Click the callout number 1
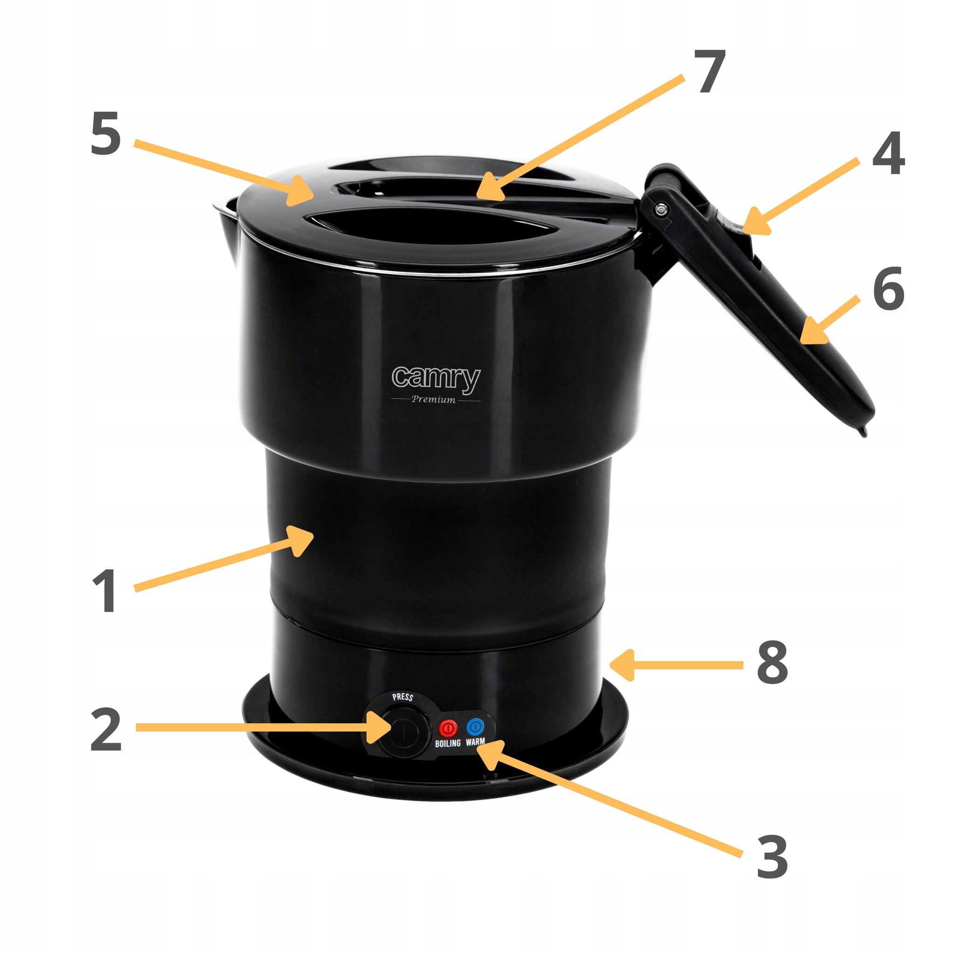click(x=106, y=591)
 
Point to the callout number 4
click(x=888, y=153)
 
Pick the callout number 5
click(x=106, y=133)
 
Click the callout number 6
click(x=888, y=288)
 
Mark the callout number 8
click(x=773, y=662)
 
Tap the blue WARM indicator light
click(x=475, y=726)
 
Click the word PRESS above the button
click(x=402, y=697)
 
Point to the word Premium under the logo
click(x=434, y=399)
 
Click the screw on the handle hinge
click(x=660, y=209)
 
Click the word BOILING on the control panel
click(x=447, y=743)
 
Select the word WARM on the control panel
click(x=475, y=741)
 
